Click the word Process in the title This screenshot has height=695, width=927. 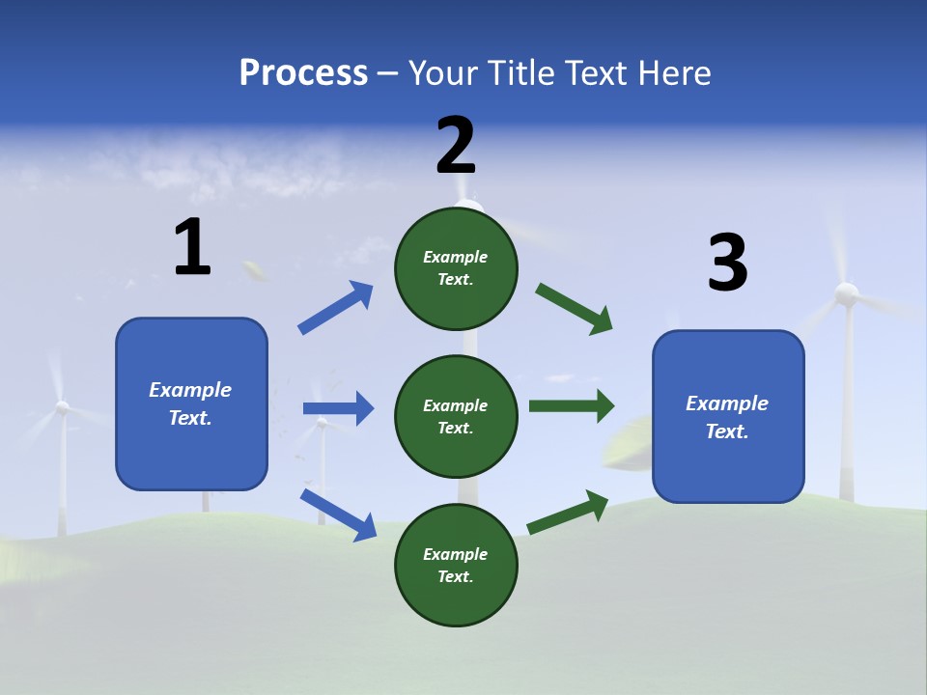[303, 73]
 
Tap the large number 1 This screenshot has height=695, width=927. [192, 249]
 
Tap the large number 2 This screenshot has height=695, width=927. [456, 146]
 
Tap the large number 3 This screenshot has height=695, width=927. [727, 264]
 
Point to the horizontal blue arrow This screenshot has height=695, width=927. [338, 408]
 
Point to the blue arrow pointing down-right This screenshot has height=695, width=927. [338, 514]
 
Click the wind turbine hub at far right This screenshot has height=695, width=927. [846, 293]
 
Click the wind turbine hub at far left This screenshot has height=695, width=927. [62, 407]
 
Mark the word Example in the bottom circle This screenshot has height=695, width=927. [456, 554]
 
